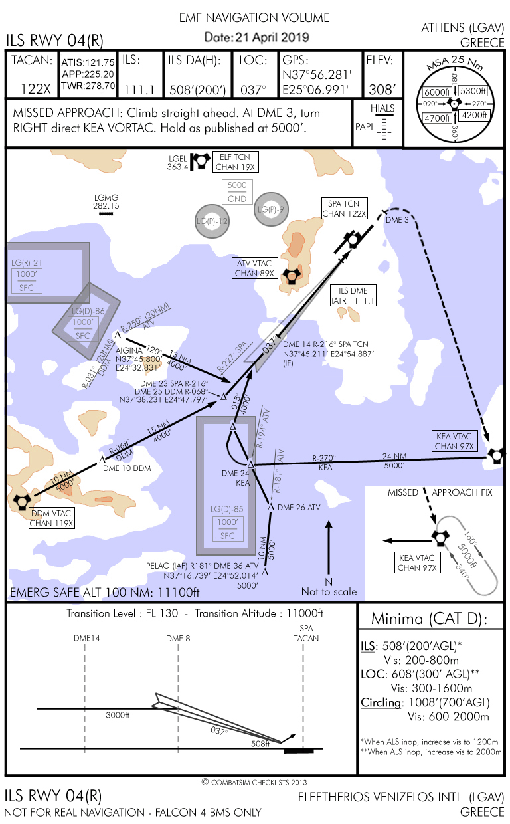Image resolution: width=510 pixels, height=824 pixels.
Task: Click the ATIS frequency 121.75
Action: tap(99, 62)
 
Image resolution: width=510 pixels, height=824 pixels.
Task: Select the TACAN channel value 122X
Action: tap(37, 89)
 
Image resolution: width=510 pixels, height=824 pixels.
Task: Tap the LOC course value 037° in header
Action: tap(253, 89)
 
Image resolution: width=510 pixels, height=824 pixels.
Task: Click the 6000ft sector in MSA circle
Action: tap(437, 92)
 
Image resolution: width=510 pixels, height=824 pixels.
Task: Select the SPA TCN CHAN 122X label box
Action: tap(344, 209)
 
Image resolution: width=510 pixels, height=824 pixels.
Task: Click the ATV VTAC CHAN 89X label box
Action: tap(255, 268)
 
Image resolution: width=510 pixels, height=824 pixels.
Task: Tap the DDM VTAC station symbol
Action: tap(21, 502)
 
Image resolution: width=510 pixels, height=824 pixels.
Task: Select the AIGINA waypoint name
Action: tap(129, 350)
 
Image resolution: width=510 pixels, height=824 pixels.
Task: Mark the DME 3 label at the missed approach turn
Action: tap(398, 220)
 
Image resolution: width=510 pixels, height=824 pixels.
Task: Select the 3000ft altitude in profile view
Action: tap(118, 716)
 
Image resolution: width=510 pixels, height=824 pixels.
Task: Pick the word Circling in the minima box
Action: tap(381, 702)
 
